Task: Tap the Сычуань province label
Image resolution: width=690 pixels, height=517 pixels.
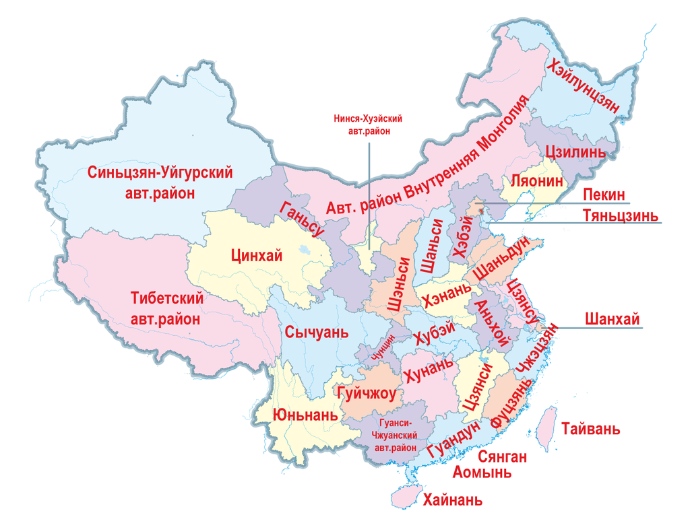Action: (316, 332)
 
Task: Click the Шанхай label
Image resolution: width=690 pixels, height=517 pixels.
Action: (612, 318)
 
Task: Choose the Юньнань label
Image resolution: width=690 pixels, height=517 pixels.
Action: (305, 414)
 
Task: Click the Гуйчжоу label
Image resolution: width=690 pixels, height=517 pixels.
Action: (365, 393)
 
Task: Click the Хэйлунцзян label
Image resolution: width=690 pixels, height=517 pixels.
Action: (584, 85)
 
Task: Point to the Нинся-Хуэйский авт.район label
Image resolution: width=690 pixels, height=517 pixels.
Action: (368, 125)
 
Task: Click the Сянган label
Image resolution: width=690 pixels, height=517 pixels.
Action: (503, 457)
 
